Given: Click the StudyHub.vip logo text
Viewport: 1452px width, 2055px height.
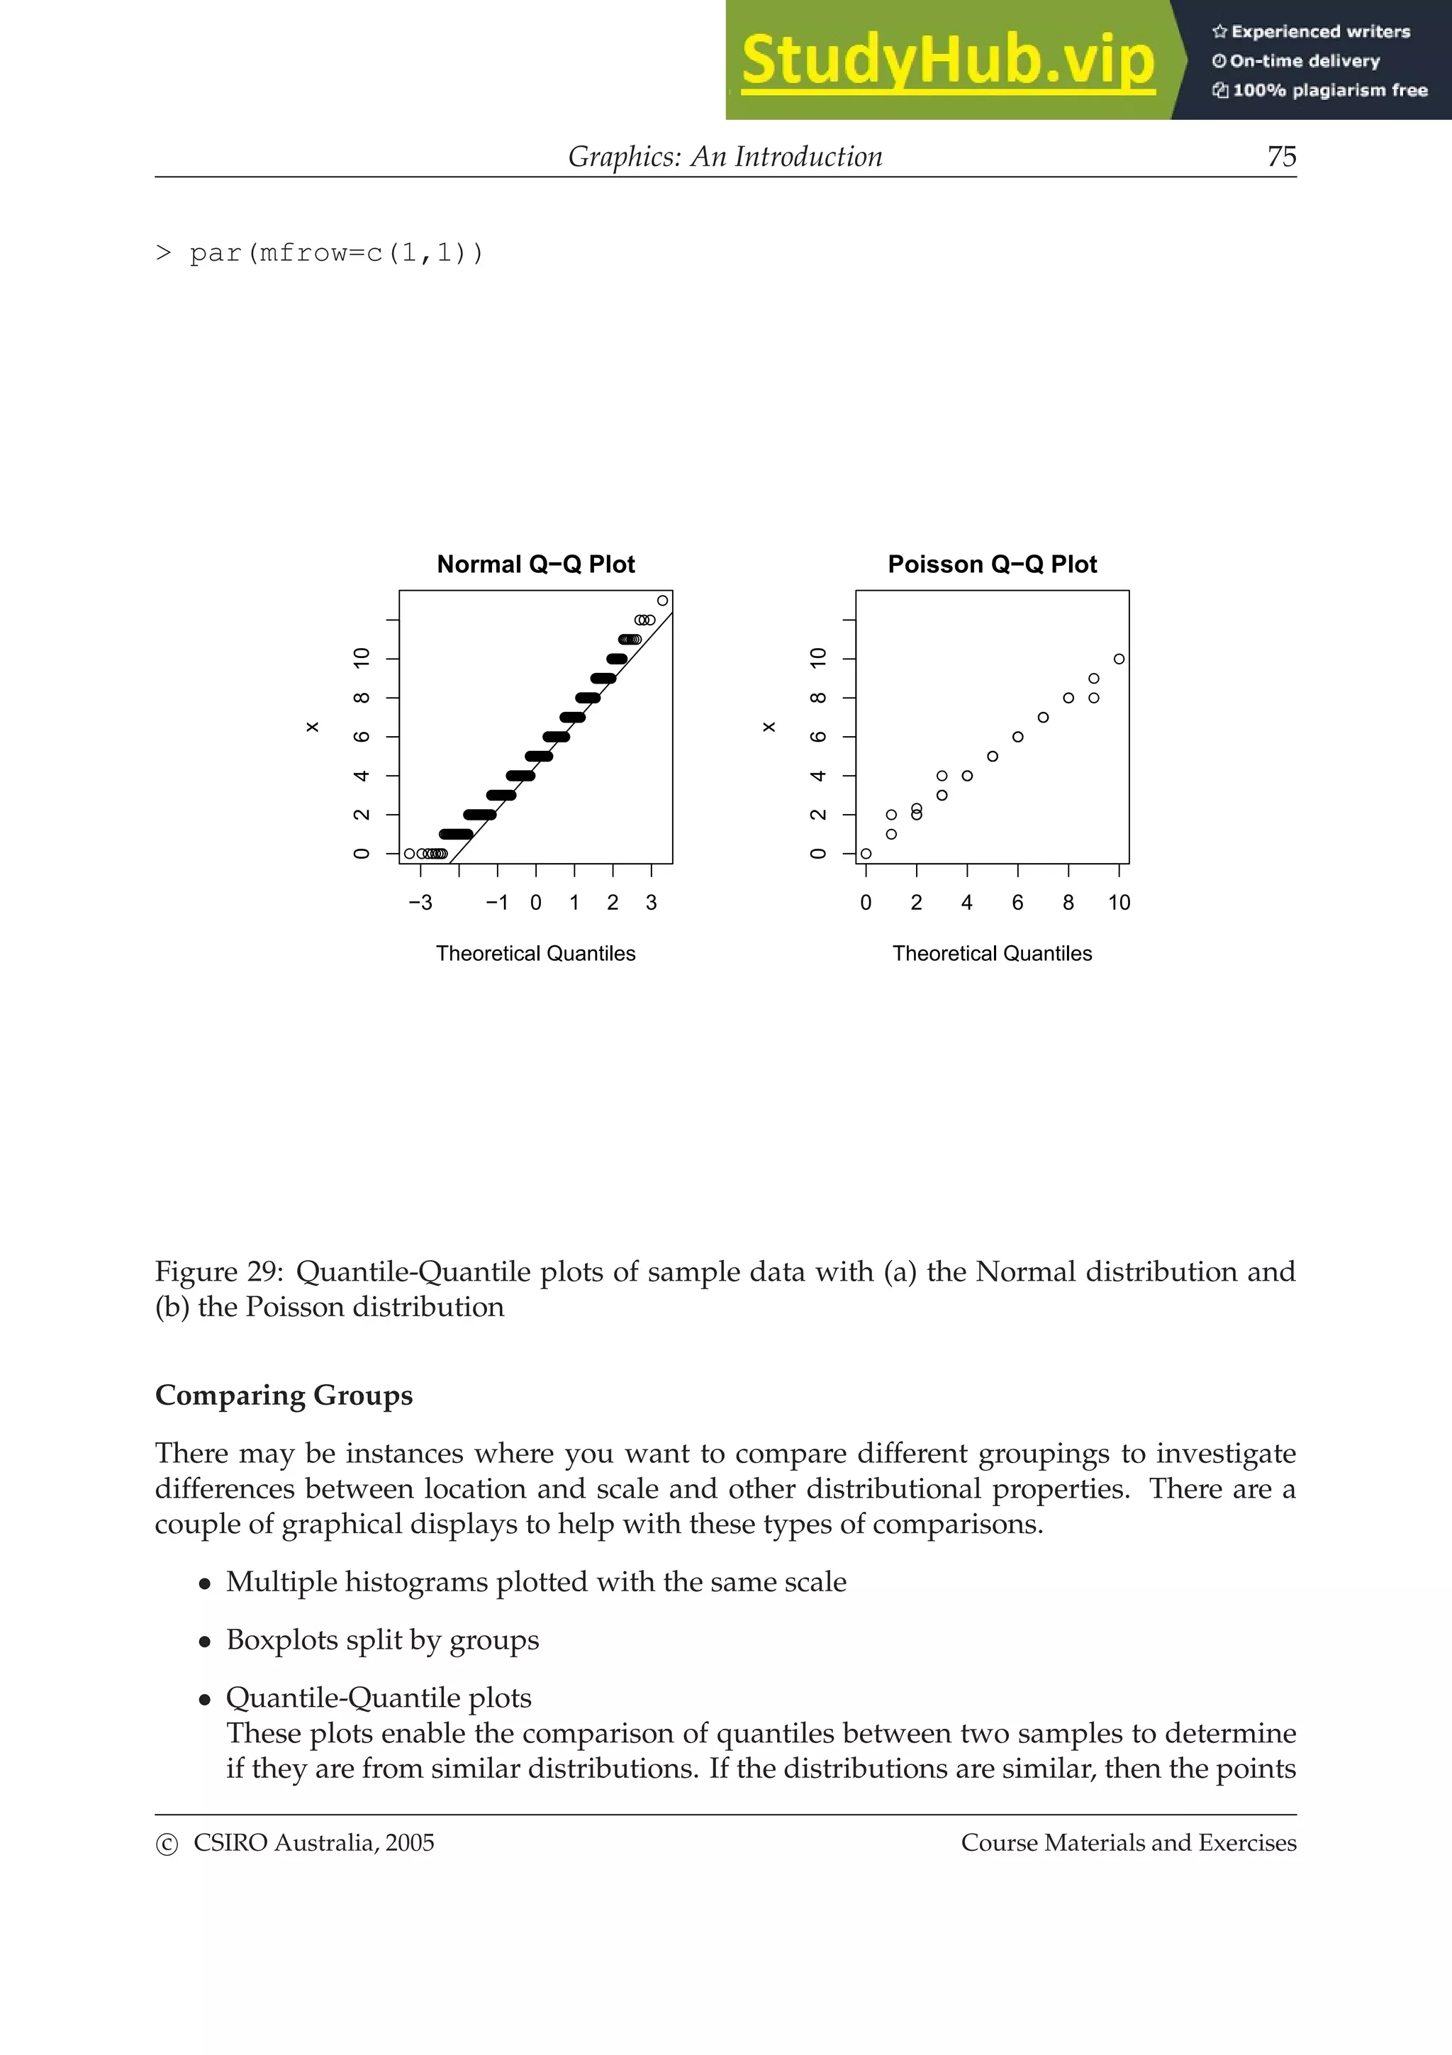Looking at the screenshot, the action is pos(947,61).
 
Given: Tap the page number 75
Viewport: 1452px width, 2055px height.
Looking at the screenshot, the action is pos(1281,157).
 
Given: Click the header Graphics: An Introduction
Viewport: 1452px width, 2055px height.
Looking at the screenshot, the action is pos(725,157).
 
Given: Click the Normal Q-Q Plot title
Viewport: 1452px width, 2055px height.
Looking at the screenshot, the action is pos(535,564).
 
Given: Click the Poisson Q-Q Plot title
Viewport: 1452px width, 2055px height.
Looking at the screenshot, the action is pos(991,564).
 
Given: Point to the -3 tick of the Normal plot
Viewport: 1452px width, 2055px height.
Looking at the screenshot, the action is pos(420,902).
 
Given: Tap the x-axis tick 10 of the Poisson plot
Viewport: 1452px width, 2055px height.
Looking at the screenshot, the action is pos(1118,902).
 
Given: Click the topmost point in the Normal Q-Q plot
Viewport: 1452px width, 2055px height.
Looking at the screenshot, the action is pos(662,601).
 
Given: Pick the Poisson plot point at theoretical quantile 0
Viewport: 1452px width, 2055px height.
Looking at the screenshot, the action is pos(865,854).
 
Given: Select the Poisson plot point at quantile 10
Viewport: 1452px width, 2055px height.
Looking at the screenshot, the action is pos(1118,659).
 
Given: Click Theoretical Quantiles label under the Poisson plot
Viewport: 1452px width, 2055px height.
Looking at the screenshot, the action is pos(991,954).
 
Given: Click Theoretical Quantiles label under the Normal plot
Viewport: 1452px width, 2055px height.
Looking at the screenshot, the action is pos(535,954).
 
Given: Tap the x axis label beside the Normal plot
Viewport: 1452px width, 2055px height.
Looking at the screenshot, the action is pos(312,727).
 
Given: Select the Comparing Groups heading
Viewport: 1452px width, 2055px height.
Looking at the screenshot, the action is pos(284,1396).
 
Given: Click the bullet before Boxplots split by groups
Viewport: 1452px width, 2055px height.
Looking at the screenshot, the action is pos(205,1642).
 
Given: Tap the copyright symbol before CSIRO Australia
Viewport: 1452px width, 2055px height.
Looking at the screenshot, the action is pos(167,1844).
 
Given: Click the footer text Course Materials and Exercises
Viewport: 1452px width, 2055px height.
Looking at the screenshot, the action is pos(1128,1843).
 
